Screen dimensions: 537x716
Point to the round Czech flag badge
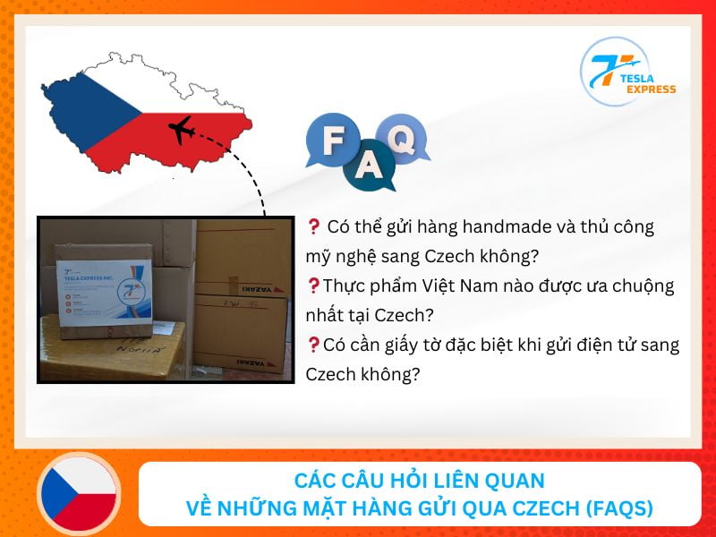click(x=79, y=494)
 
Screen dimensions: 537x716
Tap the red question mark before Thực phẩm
click(x=313, y=286)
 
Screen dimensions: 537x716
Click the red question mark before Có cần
click(x=313, y=344)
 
